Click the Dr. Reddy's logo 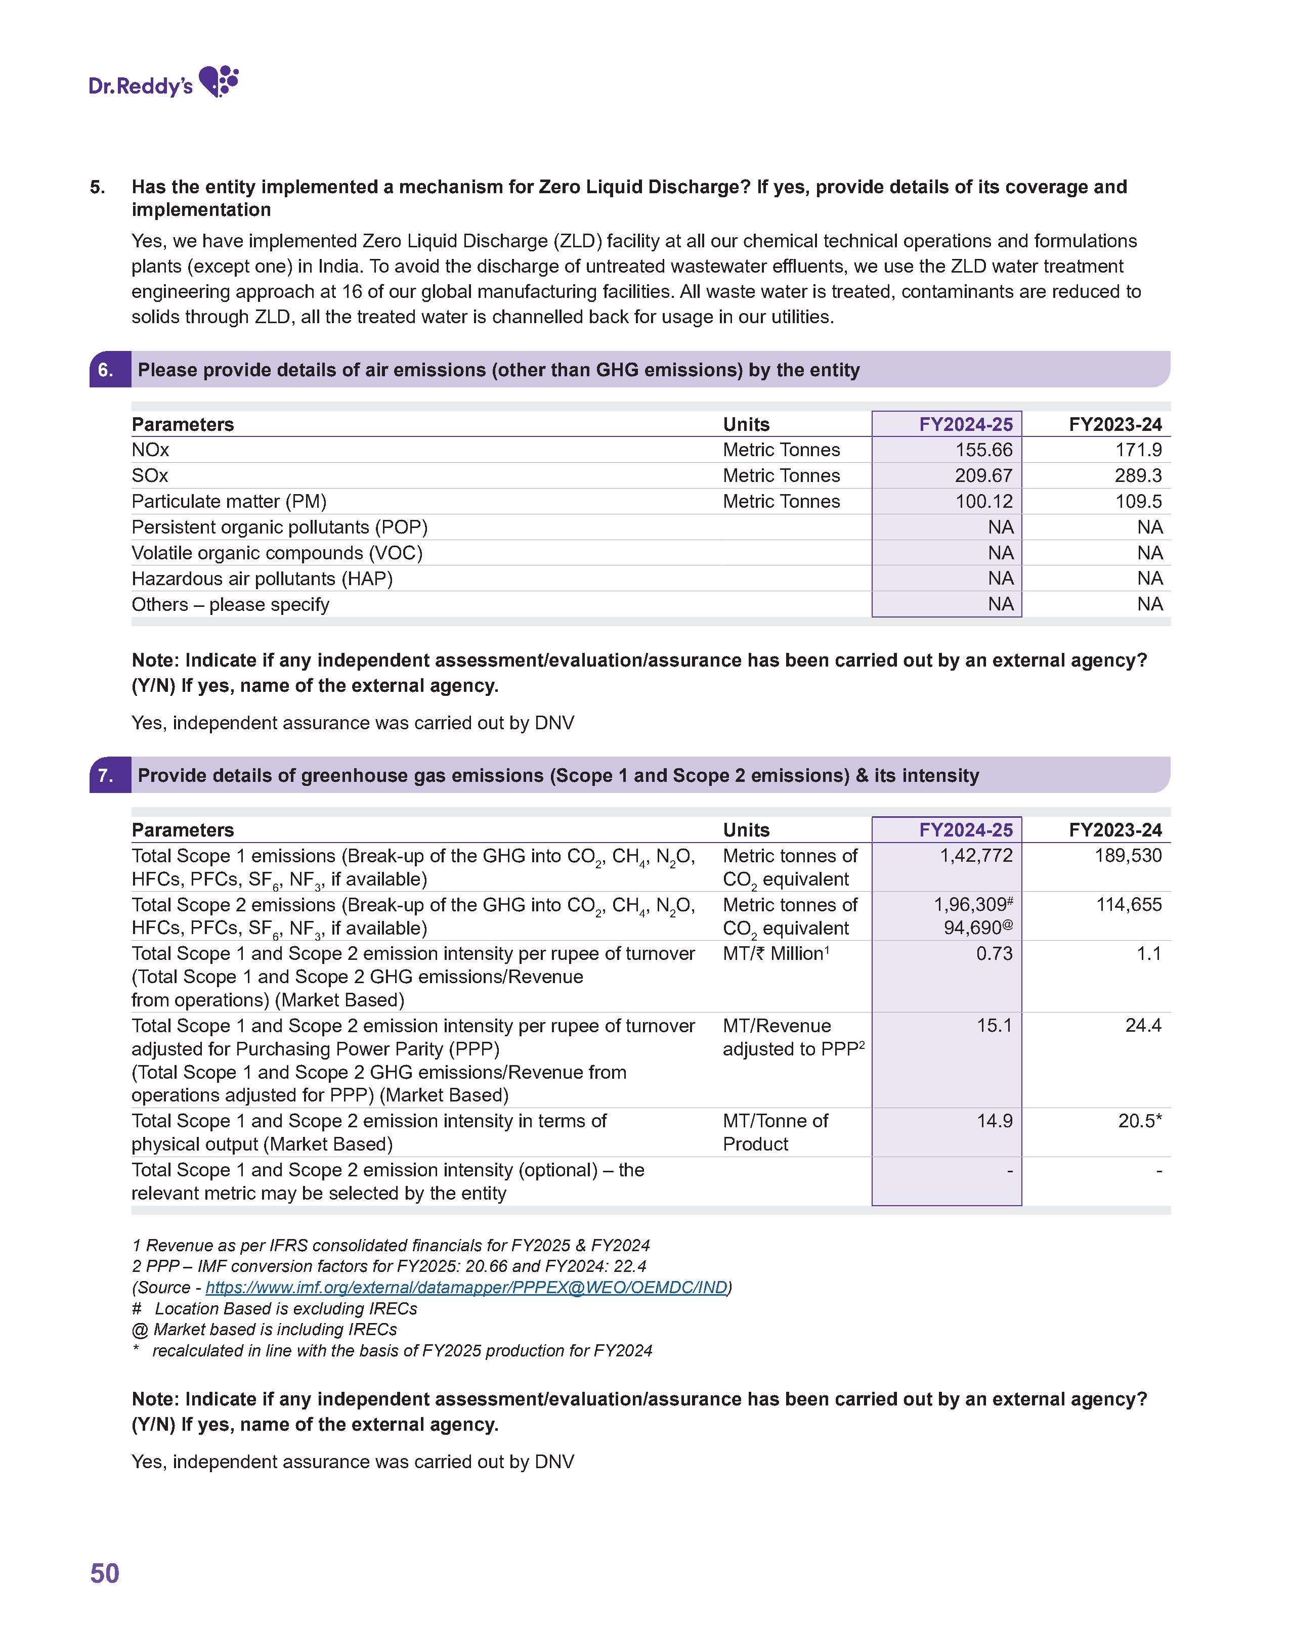click(163, 82)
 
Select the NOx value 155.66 click(983, 450)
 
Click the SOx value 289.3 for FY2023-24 click(1138, 476)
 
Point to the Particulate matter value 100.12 click(983, 501)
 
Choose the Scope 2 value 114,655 click(1129, 905)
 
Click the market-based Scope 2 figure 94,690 click(973, 928)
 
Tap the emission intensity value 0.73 click(994, 954)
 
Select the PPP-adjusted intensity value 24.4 click(1143, 1026)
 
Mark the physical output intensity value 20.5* click(1140, 1121)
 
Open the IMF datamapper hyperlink click(466, 1288)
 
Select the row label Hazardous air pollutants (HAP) click(262, 579)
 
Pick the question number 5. click(98, 187)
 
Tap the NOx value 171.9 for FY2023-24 click(1138, 450)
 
